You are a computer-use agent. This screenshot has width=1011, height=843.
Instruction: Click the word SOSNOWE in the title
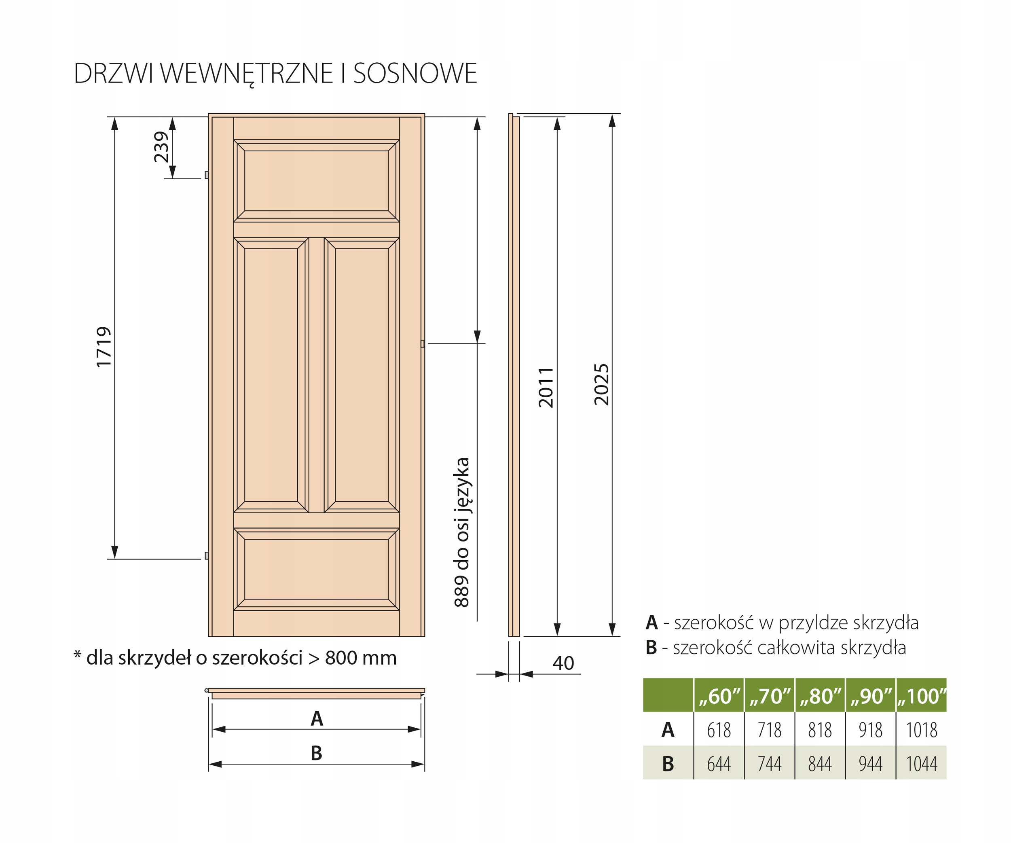(415, 73)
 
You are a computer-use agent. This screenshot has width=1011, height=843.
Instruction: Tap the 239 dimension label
(162, 147)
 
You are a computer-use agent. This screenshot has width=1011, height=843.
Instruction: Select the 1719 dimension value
(104, 347)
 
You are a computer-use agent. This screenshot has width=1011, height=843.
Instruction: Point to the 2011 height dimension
(546, 388)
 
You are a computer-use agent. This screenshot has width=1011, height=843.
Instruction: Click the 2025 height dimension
(601, 384)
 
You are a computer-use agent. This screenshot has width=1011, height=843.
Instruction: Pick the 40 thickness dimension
(563, 663)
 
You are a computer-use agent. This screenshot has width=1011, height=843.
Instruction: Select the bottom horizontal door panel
(316, 569)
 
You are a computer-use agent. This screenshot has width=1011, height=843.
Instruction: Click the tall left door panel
(271, 375)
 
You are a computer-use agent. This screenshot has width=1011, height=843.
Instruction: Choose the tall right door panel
(362, 375)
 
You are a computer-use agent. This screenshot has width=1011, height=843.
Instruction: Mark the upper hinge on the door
(207, 175)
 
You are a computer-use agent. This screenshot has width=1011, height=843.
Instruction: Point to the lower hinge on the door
(207, 555)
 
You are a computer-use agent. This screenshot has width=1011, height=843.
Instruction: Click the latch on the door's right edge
(423, 344)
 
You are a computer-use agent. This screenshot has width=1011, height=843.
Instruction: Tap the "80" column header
(820, 696)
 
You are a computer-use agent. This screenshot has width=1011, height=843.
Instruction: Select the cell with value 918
(870, 730)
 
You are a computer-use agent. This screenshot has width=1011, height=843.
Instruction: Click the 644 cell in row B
(719, 764)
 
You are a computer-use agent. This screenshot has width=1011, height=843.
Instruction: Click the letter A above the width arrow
(316, 719)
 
